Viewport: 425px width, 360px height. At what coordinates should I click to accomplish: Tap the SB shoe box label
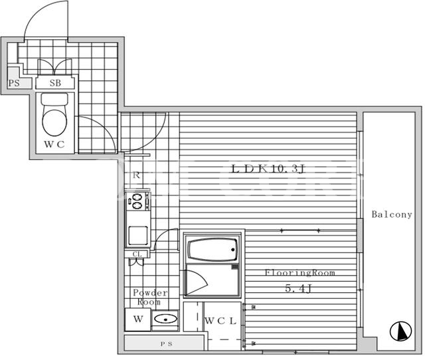[55, 83]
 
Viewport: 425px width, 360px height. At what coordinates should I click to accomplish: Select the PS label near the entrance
[14, 83]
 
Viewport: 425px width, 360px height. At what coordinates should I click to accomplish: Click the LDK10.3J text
[268, 169]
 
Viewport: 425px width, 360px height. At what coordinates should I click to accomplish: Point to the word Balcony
[392, 215]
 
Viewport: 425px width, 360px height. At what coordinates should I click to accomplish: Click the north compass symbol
[400, 331]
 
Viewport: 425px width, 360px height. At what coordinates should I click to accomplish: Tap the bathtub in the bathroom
[212, 250]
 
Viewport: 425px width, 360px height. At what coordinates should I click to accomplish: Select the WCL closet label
[220, 321]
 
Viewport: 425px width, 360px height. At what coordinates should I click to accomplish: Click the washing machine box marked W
[138, 319]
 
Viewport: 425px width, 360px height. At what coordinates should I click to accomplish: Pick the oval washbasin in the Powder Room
[165, 319]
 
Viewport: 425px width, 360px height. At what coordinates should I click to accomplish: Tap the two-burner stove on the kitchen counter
[137, 201]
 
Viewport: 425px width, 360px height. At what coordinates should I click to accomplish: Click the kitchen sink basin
[138, 236]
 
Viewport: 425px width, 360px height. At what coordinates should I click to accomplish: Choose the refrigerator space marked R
[136, 175]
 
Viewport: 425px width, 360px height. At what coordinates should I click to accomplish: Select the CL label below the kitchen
[137, 254]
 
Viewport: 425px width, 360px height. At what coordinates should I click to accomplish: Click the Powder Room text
[150, 297]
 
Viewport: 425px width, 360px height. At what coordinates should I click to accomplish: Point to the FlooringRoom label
[299, 272]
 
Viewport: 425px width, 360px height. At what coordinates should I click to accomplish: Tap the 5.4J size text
[298, 288]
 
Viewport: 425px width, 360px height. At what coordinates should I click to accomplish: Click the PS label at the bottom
[166, 344]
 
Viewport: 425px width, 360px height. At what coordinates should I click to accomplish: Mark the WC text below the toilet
[54, 144]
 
